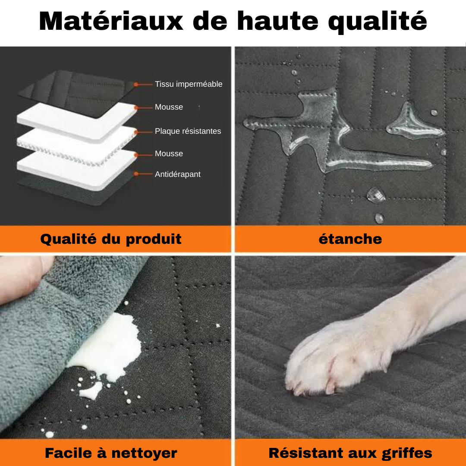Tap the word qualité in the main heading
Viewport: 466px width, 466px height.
(x=378, y=21)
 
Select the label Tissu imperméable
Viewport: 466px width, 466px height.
(x=189, y=84)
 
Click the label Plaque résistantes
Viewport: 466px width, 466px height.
(x=188, y=131)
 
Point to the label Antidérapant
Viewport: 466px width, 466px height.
(x=177, y=174)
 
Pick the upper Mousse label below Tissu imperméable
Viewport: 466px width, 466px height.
(x=169, y=107)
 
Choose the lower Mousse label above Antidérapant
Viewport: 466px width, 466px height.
(x=169, y=154)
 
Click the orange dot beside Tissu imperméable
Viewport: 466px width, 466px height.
(x=136, y=85)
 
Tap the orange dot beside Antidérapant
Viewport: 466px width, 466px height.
(x=136, y=174)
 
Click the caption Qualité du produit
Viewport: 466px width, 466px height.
(x=111, y=239)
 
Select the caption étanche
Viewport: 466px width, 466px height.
(x=350, y=239)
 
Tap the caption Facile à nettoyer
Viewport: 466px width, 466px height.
(x=111, y=453)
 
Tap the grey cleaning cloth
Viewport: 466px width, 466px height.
(x=39, y=345)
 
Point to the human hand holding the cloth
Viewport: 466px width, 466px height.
(x=19, y=280)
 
